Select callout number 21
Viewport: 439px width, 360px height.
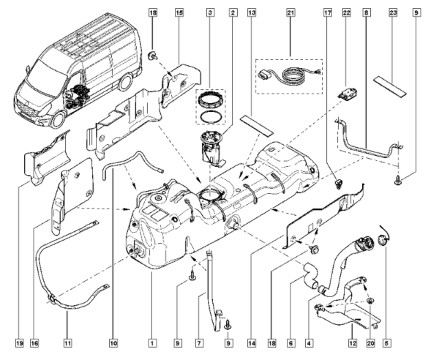tap(290, 13)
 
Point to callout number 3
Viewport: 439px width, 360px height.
tap(210, 13)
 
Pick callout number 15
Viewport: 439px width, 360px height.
tap(179, 13)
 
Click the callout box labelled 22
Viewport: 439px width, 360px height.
tap(347, 13)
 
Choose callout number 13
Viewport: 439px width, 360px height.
tap(251, 13)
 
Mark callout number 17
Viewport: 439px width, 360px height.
tap(327, 13)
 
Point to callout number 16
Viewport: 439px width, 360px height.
tap(34, 341)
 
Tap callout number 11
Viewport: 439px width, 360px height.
tap(68, 341)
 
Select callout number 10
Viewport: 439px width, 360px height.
tap(113, 341)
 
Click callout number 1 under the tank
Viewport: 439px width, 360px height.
tap(151, 341)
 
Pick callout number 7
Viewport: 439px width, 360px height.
tap(199, 341)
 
